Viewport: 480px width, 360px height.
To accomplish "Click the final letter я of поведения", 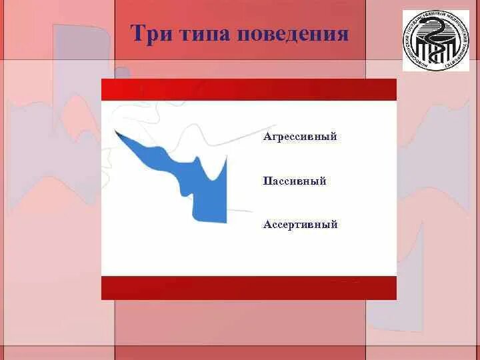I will click(x=343, y=35).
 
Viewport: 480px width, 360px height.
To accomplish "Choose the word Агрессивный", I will click(x=300, y=137).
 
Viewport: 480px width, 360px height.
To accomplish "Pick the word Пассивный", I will click(x=295, y=181).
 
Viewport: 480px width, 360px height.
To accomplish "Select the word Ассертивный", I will click(x=300, y=225).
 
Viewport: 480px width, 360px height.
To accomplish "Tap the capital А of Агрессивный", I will click(x=267, y=137).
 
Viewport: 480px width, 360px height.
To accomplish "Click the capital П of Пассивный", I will click(x=267, y=181).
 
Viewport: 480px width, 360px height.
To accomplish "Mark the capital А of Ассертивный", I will click(x=267, y=225).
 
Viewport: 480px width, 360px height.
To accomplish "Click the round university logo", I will click(x=436, y=41).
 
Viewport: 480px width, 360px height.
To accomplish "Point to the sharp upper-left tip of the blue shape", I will click(x=117, y=133).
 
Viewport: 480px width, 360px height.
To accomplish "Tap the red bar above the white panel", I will click(x=249, y=89).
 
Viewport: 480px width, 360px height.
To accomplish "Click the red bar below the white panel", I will click(x=249, y=288).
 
